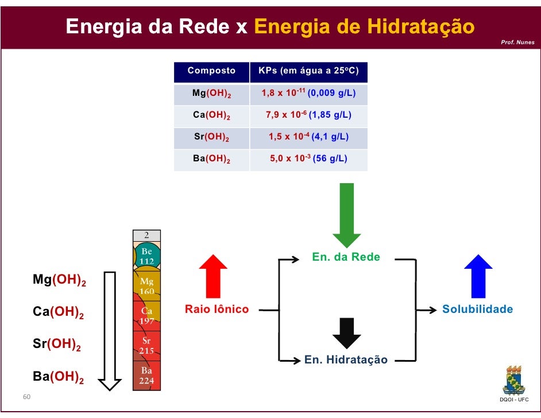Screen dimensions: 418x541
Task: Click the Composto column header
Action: [x=211, y=71]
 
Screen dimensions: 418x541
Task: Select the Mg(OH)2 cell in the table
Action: [x=211, y=93]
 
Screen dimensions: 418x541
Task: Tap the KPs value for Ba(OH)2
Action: [x=308, y=158]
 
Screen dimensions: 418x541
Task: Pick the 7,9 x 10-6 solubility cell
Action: [x=308, y=115]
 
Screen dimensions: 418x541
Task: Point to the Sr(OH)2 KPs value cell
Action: [x=308, y=137]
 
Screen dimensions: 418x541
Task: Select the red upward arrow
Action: [x=213, y=276]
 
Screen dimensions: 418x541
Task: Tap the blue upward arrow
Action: [x=478, y=276]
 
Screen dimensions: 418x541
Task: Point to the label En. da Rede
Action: [x=346, y=257]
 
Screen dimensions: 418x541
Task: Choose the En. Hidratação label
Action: [x=346, y=360]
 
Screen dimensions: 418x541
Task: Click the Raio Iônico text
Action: [x=217, y=309]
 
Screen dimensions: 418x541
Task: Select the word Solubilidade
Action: [x=477, y=309]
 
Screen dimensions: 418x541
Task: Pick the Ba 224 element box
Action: [x=146, y=376]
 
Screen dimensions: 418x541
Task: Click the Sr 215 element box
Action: [x=146, y=345]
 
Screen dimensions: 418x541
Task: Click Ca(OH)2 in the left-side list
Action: [x=58, y=313]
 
